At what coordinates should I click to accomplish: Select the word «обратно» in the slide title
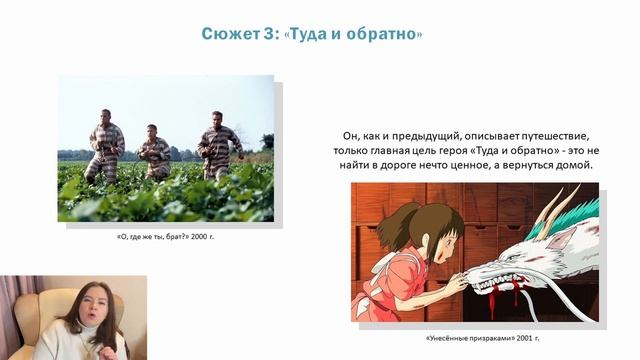pos(384,35)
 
